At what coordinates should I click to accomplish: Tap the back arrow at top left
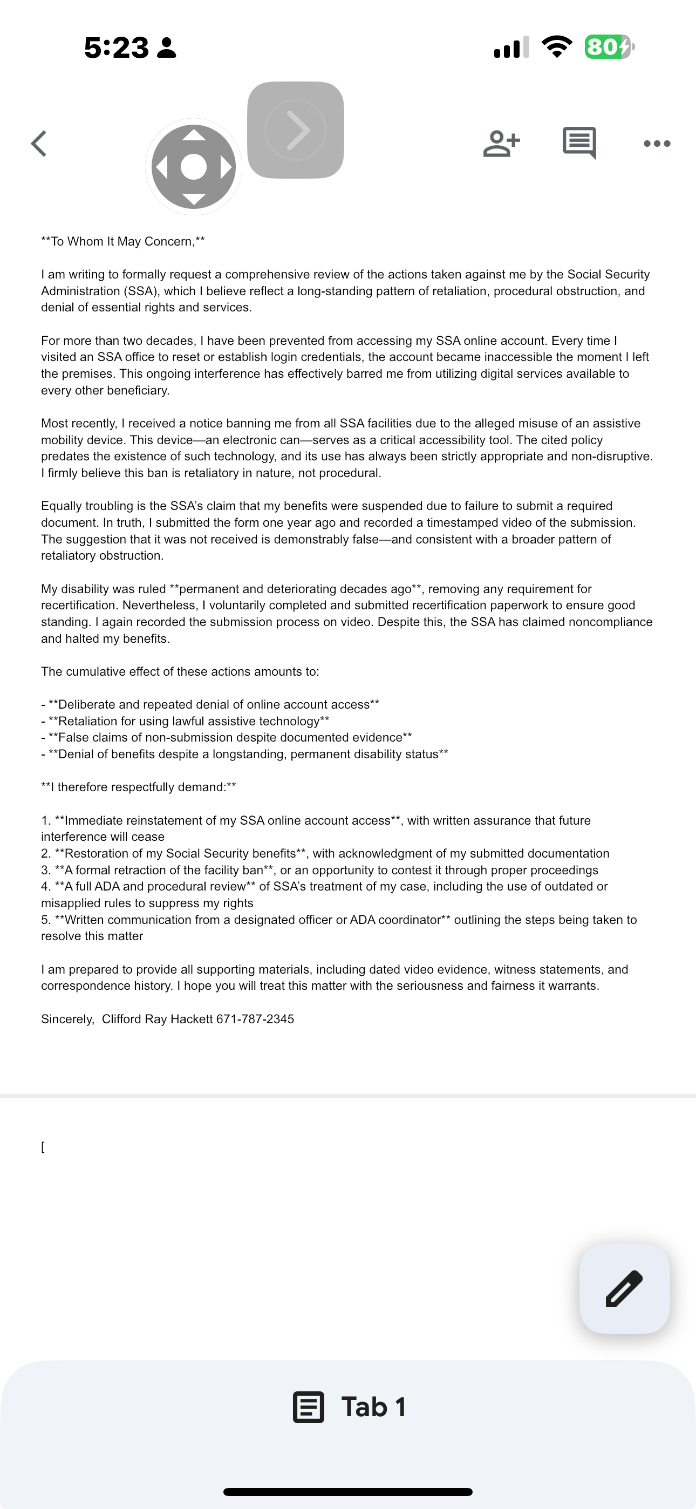pos(39,144)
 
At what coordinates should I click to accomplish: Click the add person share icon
pos(501,144)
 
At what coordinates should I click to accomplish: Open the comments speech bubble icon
pos(579,142)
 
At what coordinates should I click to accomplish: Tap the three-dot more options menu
pos(657,144)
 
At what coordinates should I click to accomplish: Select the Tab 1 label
pos(374,1407)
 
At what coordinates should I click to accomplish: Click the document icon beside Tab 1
pos(308,1407)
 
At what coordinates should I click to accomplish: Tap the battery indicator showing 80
pos(609,47)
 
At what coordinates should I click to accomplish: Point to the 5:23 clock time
pos(117,47)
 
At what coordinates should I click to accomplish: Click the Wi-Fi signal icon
pos(557,47)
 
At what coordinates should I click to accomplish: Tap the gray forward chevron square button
pos(295,130)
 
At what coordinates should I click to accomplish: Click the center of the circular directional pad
pos(194,167)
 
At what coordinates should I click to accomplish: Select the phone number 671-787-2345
pos(255,1019)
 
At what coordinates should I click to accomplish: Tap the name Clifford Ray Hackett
pos(157,1019)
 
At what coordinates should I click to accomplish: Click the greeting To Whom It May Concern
pos(123,241)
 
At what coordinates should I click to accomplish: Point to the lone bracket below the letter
pos(43,1147)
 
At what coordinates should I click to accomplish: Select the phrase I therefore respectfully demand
pos(138,787)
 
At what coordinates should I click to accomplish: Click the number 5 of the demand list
pos(45,920)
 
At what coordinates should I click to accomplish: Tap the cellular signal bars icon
pos(511,47)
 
